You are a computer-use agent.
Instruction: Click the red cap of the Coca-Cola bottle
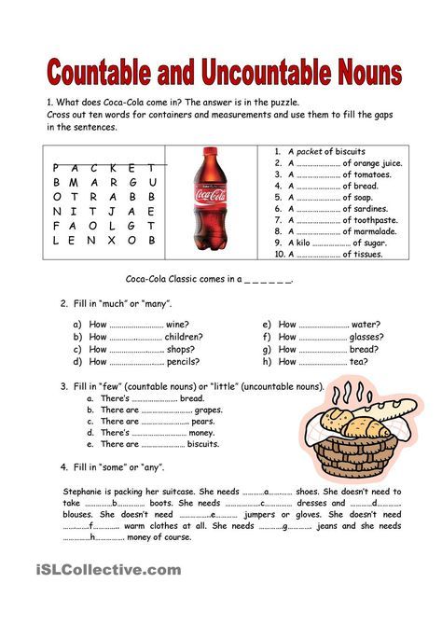pyautogui.click(x=212, y=151)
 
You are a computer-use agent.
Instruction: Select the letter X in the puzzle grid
pyautogui.click(x=111, y=240)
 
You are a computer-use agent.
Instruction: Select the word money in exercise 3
pyautogui.click(x=201, y=433)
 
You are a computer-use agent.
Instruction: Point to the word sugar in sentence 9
pyautogui.click(x=374, y=243)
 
